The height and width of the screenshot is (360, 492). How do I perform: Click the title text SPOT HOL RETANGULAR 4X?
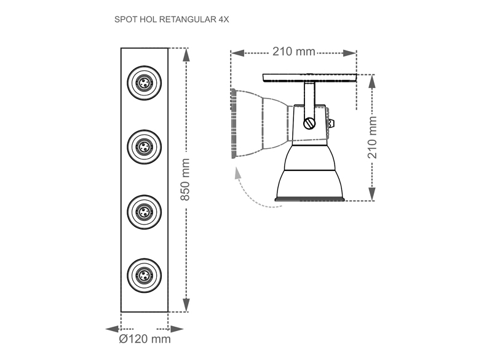[172, 20]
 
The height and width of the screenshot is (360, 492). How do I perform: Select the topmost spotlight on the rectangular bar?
[145, 83]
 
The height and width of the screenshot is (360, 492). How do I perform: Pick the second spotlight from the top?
[145, 147]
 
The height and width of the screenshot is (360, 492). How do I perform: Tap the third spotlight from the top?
[145, 212]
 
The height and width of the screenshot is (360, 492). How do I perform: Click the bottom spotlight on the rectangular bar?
[145, 276]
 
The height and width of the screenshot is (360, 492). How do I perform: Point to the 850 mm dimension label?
[185, 180]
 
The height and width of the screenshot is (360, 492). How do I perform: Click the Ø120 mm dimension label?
[145, 339]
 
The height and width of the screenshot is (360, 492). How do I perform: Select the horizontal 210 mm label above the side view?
[294, 52]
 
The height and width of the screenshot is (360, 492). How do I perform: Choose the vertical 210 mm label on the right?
[372, 137]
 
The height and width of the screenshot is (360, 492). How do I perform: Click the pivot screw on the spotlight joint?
[309, 123]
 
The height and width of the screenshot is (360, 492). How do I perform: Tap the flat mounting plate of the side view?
[309, 78]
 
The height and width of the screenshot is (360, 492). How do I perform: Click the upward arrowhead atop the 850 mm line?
[186, 55]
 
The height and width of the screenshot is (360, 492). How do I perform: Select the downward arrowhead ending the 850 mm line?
[186, 305]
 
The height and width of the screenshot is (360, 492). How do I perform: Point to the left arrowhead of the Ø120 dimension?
[112, 329]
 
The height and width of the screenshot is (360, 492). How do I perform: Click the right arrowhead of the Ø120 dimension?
[177, 329]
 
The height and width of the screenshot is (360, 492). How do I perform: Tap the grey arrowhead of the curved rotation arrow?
[237, 173]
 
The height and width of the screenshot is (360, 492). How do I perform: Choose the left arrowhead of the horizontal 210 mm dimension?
[237, 53]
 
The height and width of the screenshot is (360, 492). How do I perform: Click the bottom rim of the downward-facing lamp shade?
[309, 199]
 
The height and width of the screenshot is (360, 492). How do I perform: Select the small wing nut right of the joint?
[331, 123]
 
